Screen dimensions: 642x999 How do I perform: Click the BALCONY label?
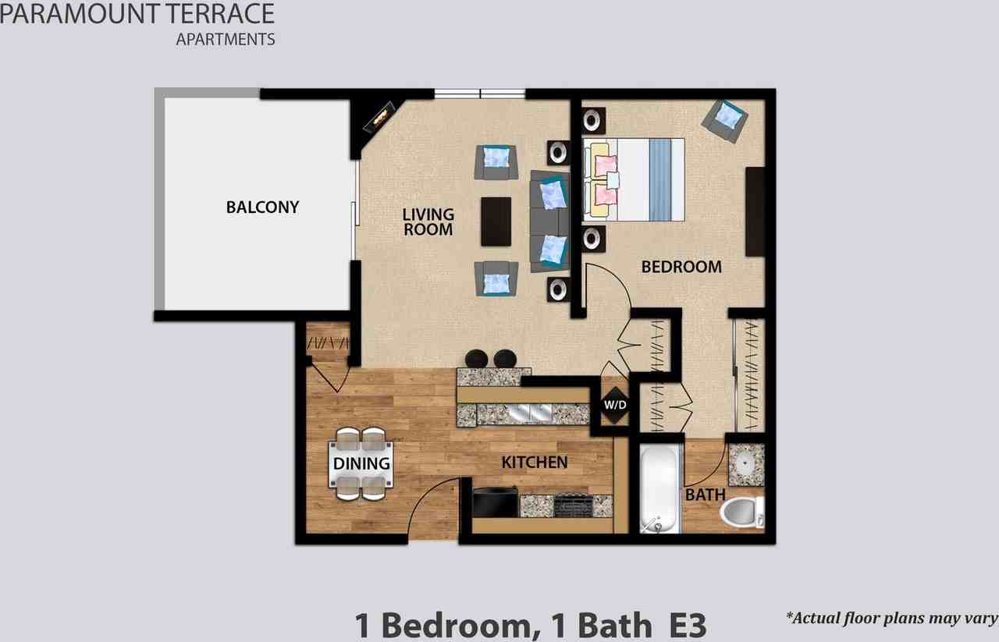click(262, 207)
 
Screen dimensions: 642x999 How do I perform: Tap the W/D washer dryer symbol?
click(613, 405)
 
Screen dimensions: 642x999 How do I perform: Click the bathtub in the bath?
click(659, 488)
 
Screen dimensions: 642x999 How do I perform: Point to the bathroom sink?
click(746, 464)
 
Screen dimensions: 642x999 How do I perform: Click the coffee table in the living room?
click(496, 222)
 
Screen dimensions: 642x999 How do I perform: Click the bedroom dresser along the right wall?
click(755, 211)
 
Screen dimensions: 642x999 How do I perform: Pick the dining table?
click(362, 463)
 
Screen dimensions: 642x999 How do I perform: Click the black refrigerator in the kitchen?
click(495, 502)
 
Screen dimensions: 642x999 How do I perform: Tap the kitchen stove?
click(573, 506)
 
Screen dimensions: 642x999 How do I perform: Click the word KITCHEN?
click(534, 463)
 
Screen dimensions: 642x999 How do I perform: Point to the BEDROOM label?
click(681, 267)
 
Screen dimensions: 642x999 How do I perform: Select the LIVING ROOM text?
click(428, 222)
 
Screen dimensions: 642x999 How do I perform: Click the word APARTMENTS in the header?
click(226, 38)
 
